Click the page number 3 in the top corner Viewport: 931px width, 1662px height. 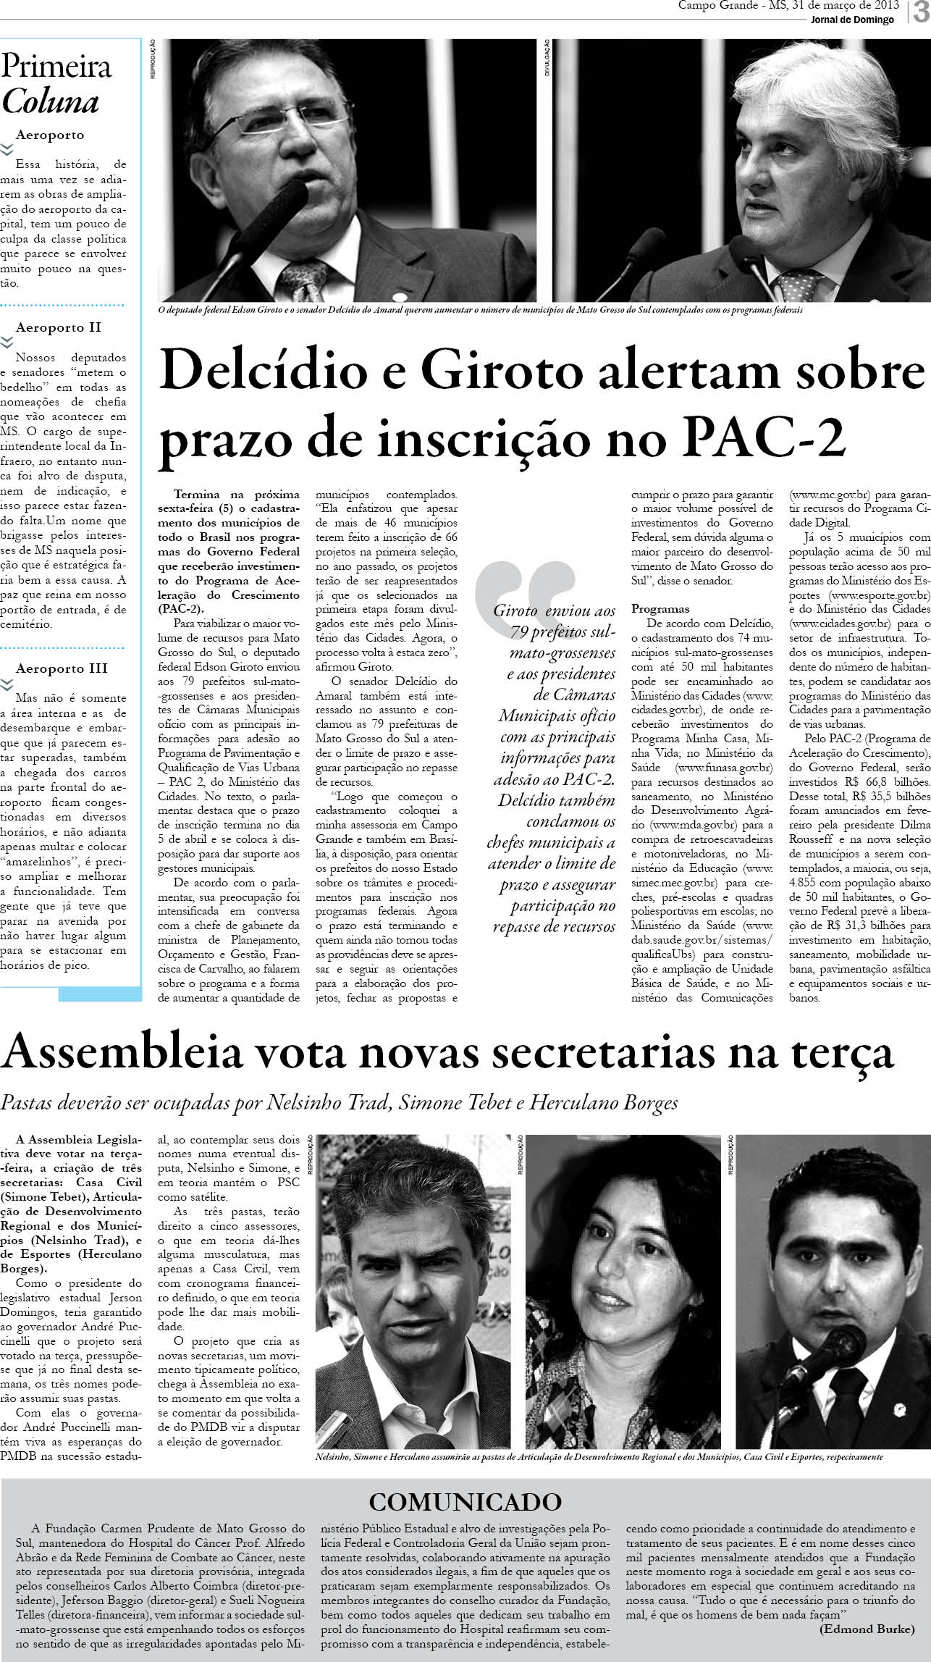click(x=920, y=12)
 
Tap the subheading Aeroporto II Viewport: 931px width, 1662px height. click(x=59, y=327)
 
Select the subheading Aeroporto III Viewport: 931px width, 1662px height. click(x=62, y=668)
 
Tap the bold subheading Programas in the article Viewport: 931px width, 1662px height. click(x=660, y=608)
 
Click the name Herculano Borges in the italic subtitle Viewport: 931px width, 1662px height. click(x=604, y=1103)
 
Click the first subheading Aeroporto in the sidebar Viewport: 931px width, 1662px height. click(x=50, y=135)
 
